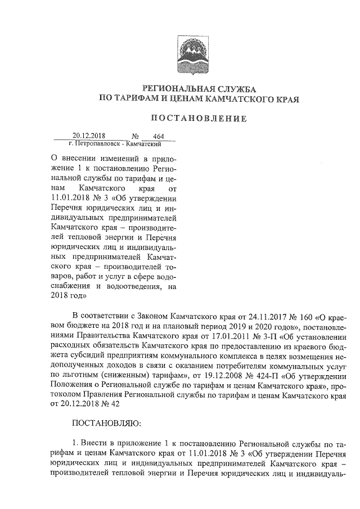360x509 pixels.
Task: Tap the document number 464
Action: point(150,136)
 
